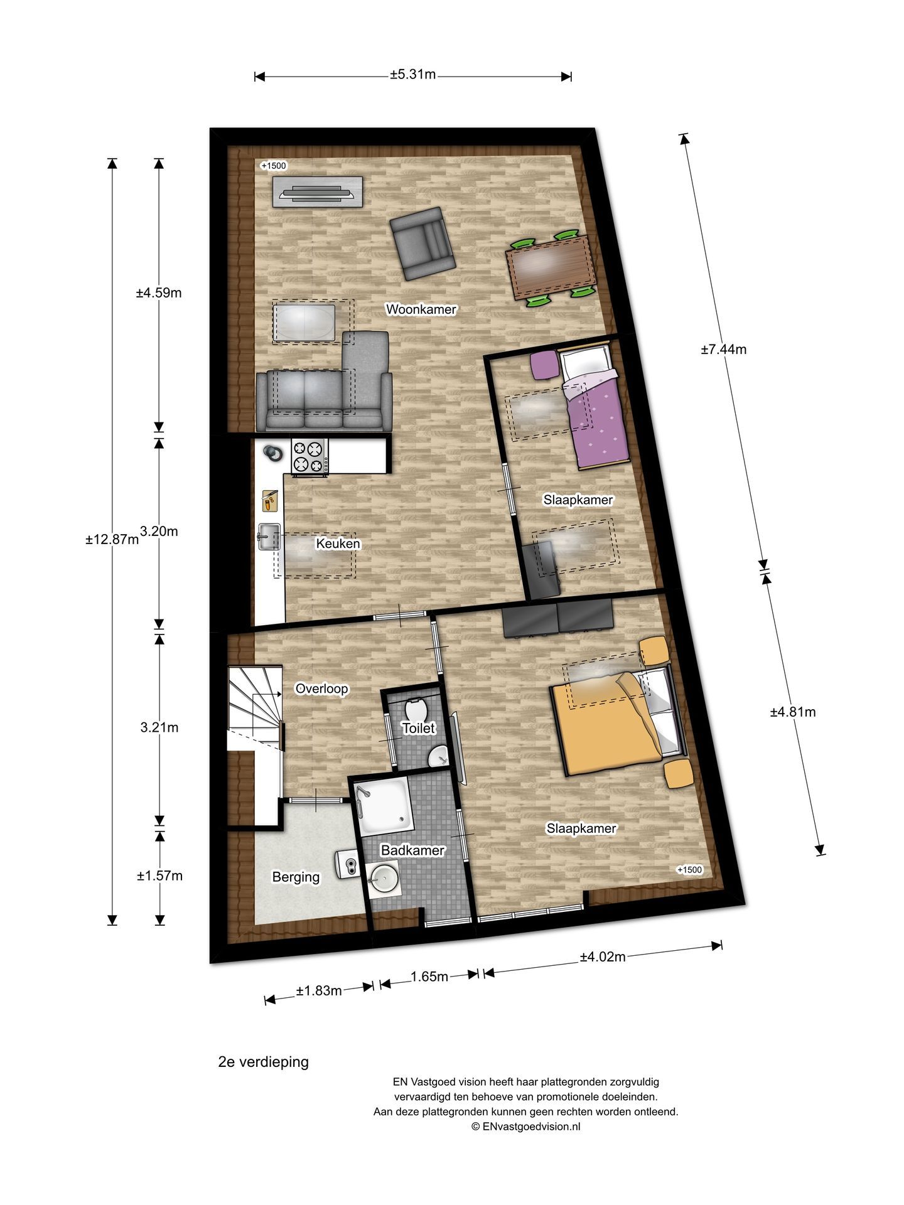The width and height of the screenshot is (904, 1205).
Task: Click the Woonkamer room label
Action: [x=421, y=309]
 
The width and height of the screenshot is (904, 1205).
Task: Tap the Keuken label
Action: [x=338, y=544]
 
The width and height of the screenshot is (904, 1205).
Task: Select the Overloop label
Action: [x=321, y=688]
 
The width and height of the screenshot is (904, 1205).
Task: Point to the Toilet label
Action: [x=418, y=728]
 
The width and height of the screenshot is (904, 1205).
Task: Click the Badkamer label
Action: [x=412, y=850]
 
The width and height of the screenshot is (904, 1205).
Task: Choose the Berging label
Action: [x=296, y=877]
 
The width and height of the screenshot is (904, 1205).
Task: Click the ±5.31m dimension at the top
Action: [x=412, y=75]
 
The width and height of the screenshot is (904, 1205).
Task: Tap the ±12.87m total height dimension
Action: [x=112, y=539]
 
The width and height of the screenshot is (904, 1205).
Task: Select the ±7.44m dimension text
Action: [x=723, y=350]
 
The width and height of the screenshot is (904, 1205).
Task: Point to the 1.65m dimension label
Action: [x=429, y=977]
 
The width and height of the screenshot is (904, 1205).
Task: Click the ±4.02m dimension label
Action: [x=602, y=957]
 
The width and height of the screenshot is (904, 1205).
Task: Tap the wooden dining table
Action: [x=550, y=266]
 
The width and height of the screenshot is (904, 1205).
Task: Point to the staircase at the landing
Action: [x=254, y=706]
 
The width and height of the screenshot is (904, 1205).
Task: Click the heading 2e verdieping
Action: [x=263, y=1063]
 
